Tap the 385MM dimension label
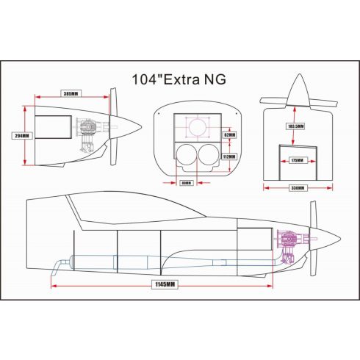pos(71,95)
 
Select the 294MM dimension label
pos(22,136)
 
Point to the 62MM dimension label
pos(228,135)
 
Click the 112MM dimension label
pos(228,156)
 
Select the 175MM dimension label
pos(297,159)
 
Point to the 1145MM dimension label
pos(166,284)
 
